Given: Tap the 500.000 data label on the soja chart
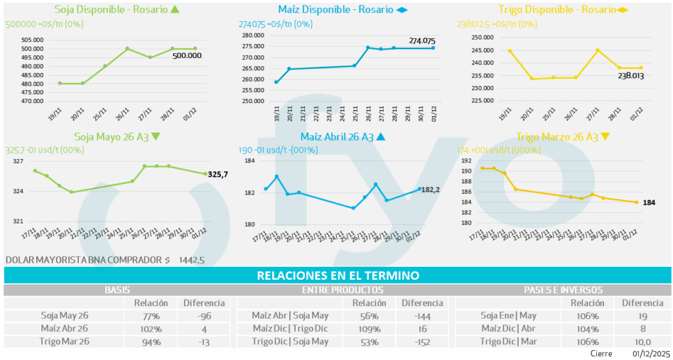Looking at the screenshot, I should [187, 56].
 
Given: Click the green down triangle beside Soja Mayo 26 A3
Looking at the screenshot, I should [155, 137].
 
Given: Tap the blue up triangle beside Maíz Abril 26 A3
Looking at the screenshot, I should [381, 137].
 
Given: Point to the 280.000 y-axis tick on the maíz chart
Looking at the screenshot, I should [252, 35].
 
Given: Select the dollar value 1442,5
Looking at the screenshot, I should [191, 260].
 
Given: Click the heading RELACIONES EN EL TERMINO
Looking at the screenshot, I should [338, 276].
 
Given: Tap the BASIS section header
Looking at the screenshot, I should [117, 290].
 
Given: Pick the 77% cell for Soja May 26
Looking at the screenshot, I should [151, 315].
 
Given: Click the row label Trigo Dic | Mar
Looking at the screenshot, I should [508, 342].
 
